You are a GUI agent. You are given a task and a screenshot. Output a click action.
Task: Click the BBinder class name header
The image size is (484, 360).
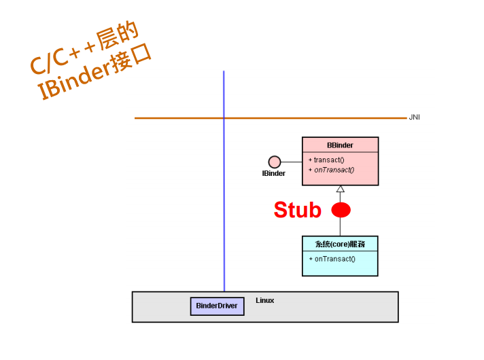click(x=340, y=145)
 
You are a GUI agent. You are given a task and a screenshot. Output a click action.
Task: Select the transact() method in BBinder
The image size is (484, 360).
click(x=329, y=160)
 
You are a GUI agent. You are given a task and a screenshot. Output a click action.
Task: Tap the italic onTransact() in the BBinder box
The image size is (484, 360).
click(x=334, y=170)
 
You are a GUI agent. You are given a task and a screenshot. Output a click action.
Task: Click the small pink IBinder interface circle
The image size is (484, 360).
click(x=275, y=162)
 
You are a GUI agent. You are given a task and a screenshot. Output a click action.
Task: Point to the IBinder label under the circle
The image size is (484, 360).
click(x=274, y=174)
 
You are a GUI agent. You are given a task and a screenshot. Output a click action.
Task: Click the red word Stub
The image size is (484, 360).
click(x=297, y=211)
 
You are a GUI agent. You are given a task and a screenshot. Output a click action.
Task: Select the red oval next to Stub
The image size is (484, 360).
click(x=341, y=211)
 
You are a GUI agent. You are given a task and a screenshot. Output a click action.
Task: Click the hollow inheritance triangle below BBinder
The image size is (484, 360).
click(x=341, y=190)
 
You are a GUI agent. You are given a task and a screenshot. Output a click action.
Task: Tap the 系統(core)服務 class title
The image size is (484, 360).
click(x=340, y=244)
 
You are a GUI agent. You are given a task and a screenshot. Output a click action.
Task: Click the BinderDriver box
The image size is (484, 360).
click(x=217, y=306)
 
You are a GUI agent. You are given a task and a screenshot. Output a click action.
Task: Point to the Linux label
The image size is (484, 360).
click(x=265, y=300)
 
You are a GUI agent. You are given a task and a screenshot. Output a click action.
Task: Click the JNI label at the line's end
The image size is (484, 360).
click(x=414, y=118)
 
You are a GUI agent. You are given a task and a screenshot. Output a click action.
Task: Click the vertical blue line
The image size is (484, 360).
click(x=224, y=204)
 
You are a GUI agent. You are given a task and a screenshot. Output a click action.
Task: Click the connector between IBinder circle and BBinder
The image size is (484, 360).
click(x=292, y=162)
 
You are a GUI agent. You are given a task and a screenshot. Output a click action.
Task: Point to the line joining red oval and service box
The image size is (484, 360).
click(x=341, y=227)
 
